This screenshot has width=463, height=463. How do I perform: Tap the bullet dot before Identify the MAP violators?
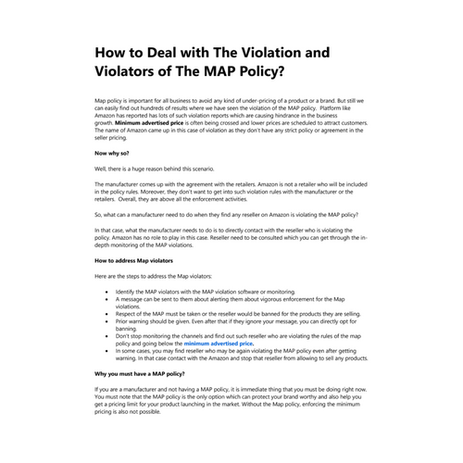[109, 292]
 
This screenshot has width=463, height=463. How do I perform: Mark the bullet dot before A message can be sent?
[109, 299]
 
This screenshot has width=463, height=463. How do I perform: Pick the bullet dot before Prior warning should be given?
[109, 320]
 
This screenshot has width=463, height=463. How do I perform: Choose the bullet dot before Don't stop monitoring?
[109, 335]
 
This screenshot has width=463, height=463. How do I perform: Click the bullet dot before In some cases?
[109, 350]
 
